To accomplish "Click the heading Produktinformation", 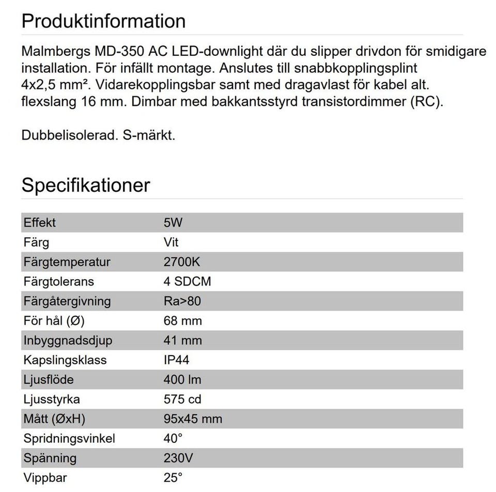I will click(103, 21).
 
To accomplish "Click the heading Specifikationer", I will click(86, 185).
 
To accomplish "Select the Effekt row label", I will click(39, 223).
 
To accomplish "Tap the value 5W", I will click(173, 223).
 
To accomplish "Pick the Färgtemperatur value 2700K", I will click(181, 262).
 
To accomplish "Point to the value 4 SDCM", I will click(187, 282).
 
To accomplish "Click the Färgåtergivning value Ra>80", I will click(182, 301).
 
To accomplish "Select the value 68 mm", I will click(182, 321).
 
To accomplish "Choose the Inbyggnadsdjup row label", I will click(68, 341).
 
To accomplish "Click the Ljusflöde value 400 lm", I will click(182, 380).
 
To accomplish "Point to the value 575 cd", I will click(182, 399).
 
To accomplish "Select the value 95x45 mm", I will click(193, 419).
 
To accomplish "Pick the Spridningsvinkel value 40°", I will click(173, 439).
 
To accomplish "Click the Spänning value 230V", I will click(179, 458).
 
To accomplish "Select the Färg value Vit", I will click(171, 242).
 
